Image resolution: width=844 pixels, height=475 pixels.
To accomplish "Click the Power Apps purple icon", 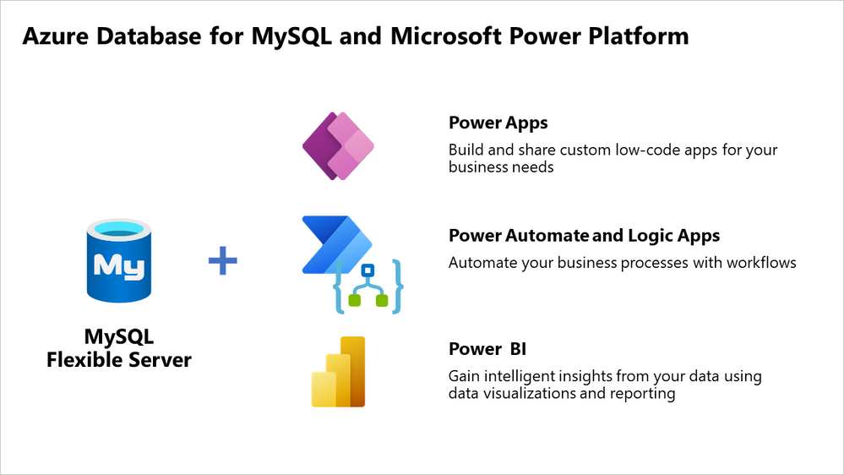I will tap(338, 145).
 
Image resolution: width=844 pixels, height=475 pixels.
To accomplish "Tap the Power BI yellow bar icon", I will tap(338, 372).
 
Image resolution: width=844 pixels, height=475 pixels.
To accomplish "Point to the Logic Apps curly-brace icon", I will tap(368, 288).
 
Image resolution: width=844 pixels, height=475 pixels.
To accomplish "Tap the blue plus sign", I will tap(223, 261).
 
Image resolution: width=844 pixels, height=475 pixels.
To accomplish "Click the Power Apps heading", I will tap(498, 123).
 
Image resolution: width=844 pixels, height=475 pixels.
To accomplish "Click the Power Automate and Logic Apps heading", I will tap(584, 236).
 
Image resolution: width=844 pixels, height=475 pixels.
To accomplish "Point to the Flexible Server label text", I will tap(119, 360).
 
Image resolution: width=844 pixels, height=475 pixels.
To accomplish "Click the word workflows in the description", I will tap(758, 263).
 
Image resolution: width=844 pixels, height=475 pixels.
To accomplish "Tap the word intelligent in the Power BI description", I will tap(521, 375).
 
